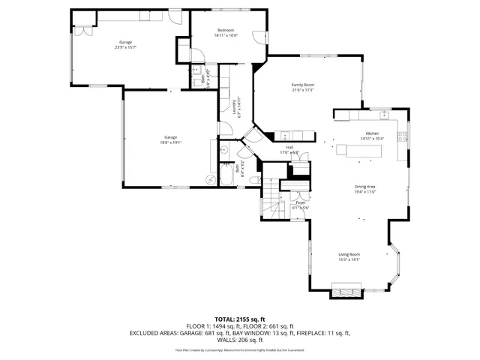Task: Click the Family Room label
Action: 302,85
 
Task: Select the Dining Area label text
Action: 364,187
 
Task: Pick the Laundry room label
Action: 235,103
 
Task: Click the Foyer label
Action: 300,202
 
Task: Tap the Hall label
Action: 289,147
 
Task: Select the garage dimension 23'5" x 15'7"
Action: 126,47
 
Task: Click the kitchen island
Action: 358,150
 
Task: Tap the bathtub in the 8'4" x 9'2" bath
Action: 224,178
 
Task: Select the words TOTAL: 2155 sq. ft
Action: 240,319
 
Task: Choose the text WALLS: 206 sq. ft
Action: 240,339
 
